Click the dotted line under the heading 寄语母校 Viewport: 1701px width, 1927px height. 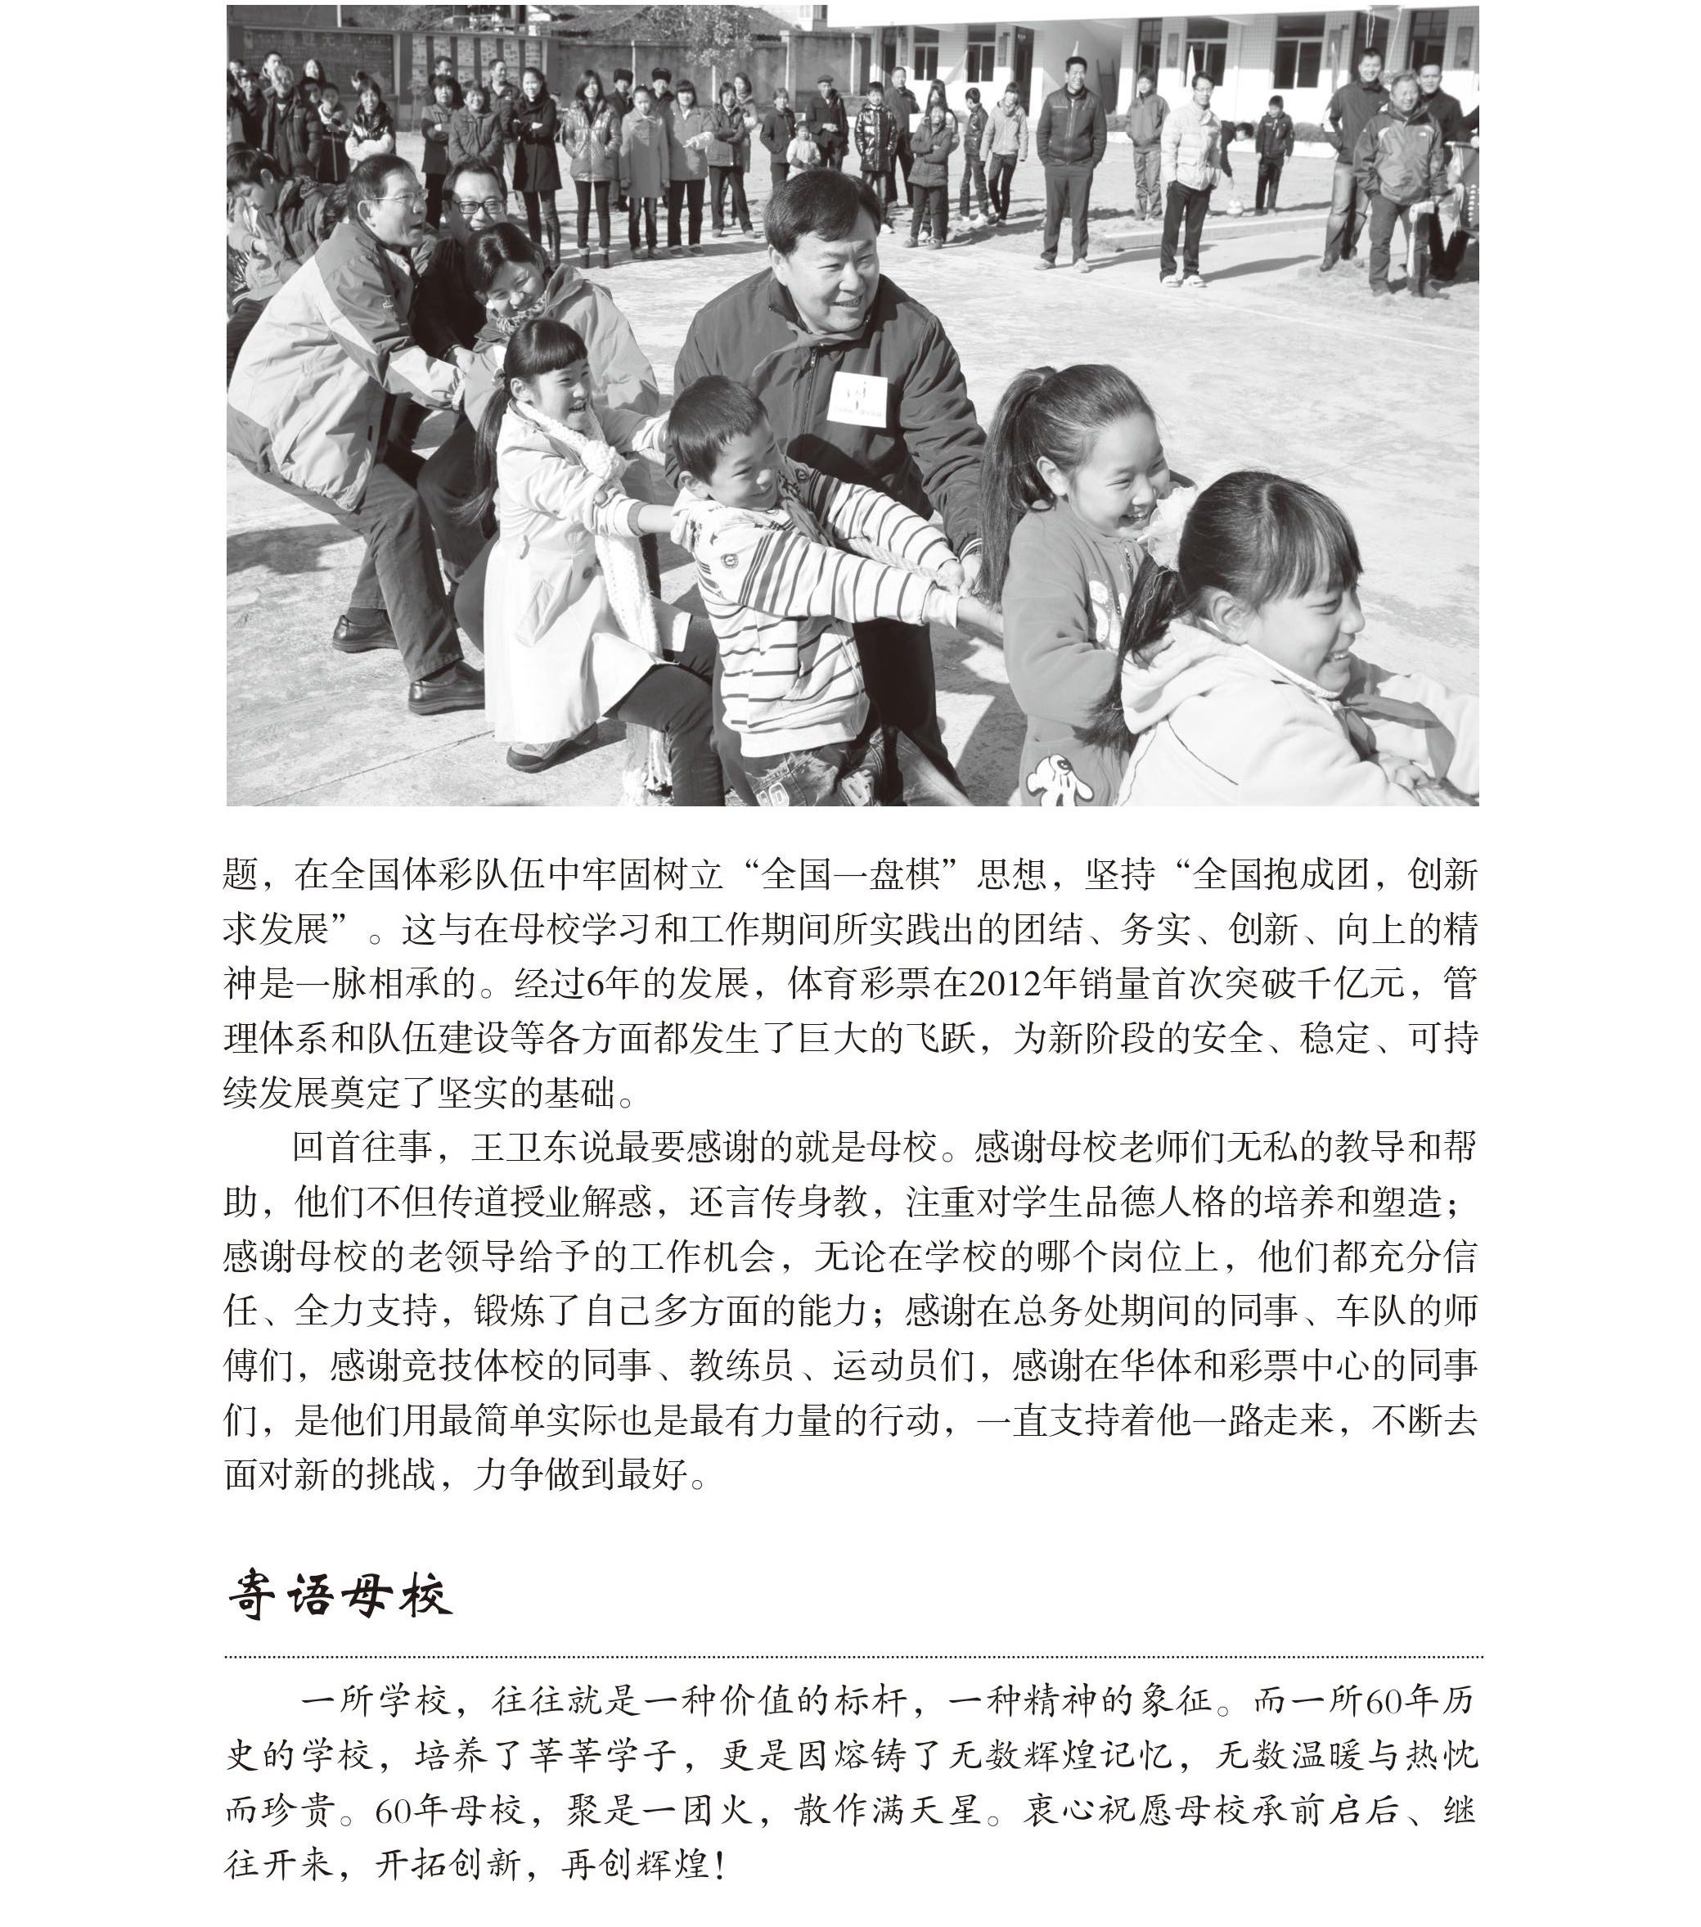pos(853,1655)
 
